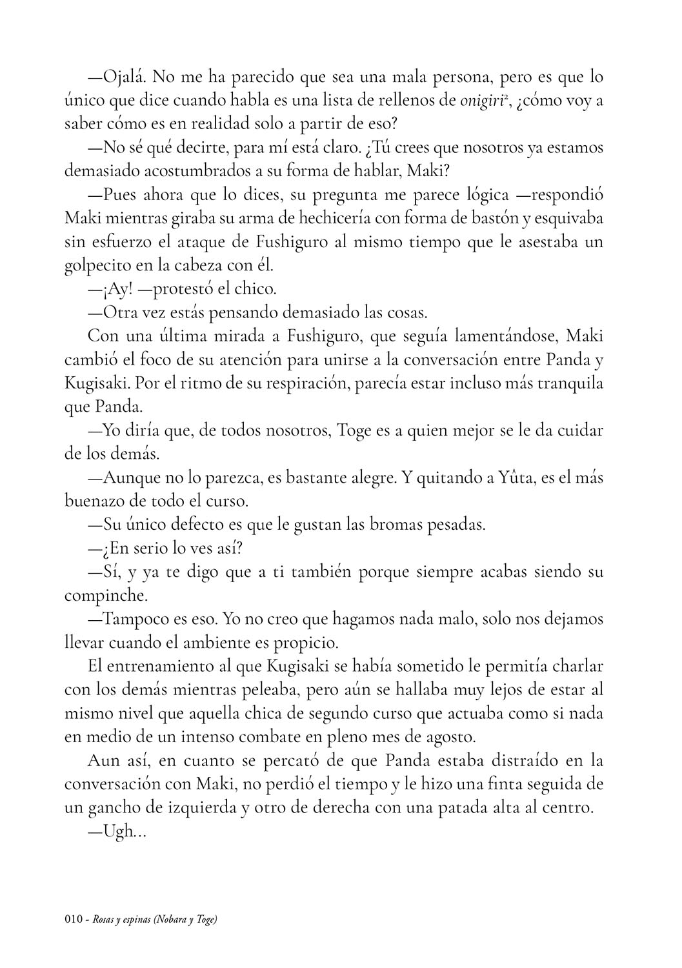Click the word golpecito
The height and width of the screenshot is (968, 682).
93,265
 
